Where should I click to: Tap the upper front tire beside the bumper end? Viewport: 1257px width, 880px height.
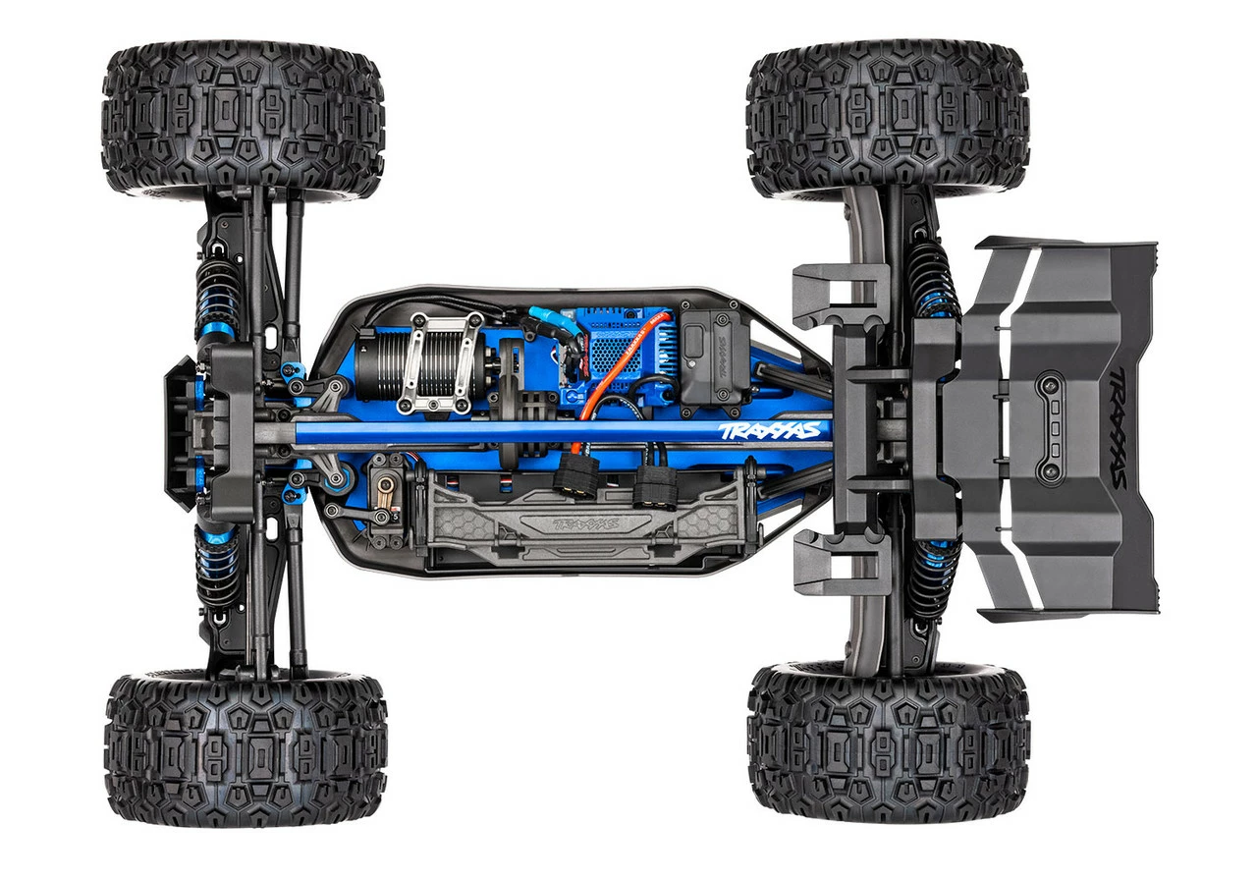243,121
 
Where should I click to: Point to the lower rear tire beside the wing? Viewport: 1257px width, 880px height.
889,738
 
